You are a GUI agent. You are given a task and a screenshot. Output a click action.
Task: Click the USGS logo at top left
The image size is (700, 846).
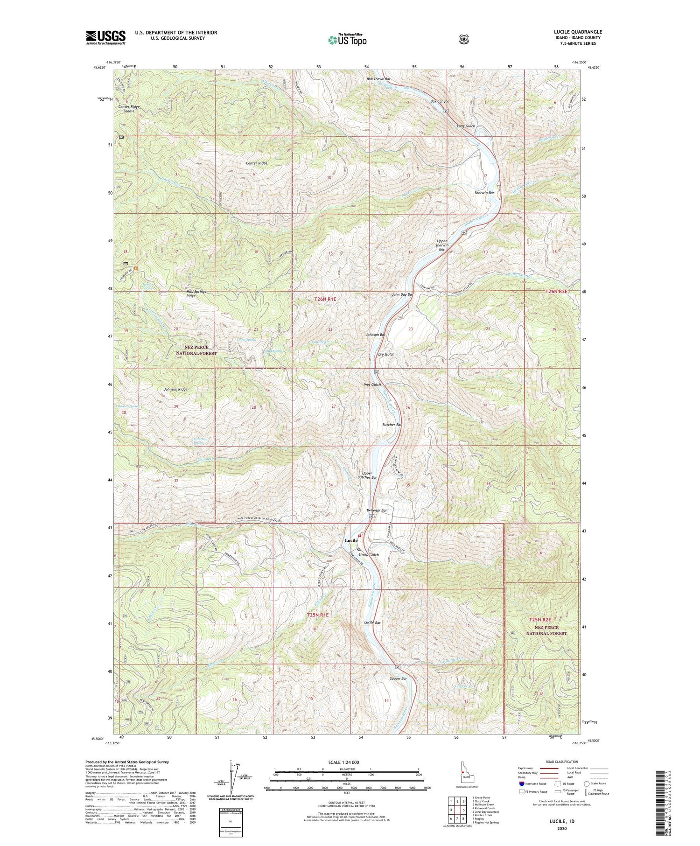coord(105,37)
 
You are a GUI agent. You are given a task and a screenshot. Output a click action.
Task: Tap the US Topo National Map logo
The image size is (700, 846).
coord(347,39)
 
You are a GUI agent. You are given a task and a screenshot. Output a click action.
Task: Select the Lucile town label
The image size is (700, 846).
coord(351,540)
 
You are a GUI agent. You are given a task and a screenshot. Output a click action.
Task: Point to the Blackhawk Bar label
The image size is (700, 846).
coord(378,79)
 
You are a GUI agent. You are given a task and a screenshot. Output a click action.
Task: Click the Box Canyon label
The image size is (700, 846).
coord(440,101)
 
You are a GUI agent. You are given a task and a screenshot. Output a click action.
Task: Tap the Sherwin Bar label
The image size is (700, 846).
coord(484,193)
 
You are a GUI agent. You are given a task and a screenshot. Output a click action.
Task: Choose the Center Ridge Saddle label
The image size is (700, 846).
coord(129,109)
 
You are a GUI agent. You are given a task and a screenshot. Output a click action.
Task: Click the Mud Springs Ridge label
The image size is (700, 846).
coord(193,294)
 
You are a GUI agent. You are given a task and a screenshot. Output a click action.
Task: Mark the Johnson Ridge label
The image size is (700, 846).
coord(175,389)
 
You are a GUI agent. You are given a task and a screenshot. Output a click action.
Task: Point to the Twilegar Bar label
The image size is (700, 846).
coord(377,510)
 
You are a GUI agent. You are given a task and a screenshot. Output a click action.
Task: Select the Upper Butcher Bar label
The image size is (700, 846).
coord(367,475)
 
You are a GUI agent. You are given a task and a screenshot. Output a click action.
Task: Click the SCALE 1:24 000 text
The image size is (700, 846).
coord(347,762)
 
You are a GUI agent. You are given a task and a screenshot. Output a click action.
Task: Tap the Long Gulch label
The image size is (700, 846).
coord(466,126)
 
